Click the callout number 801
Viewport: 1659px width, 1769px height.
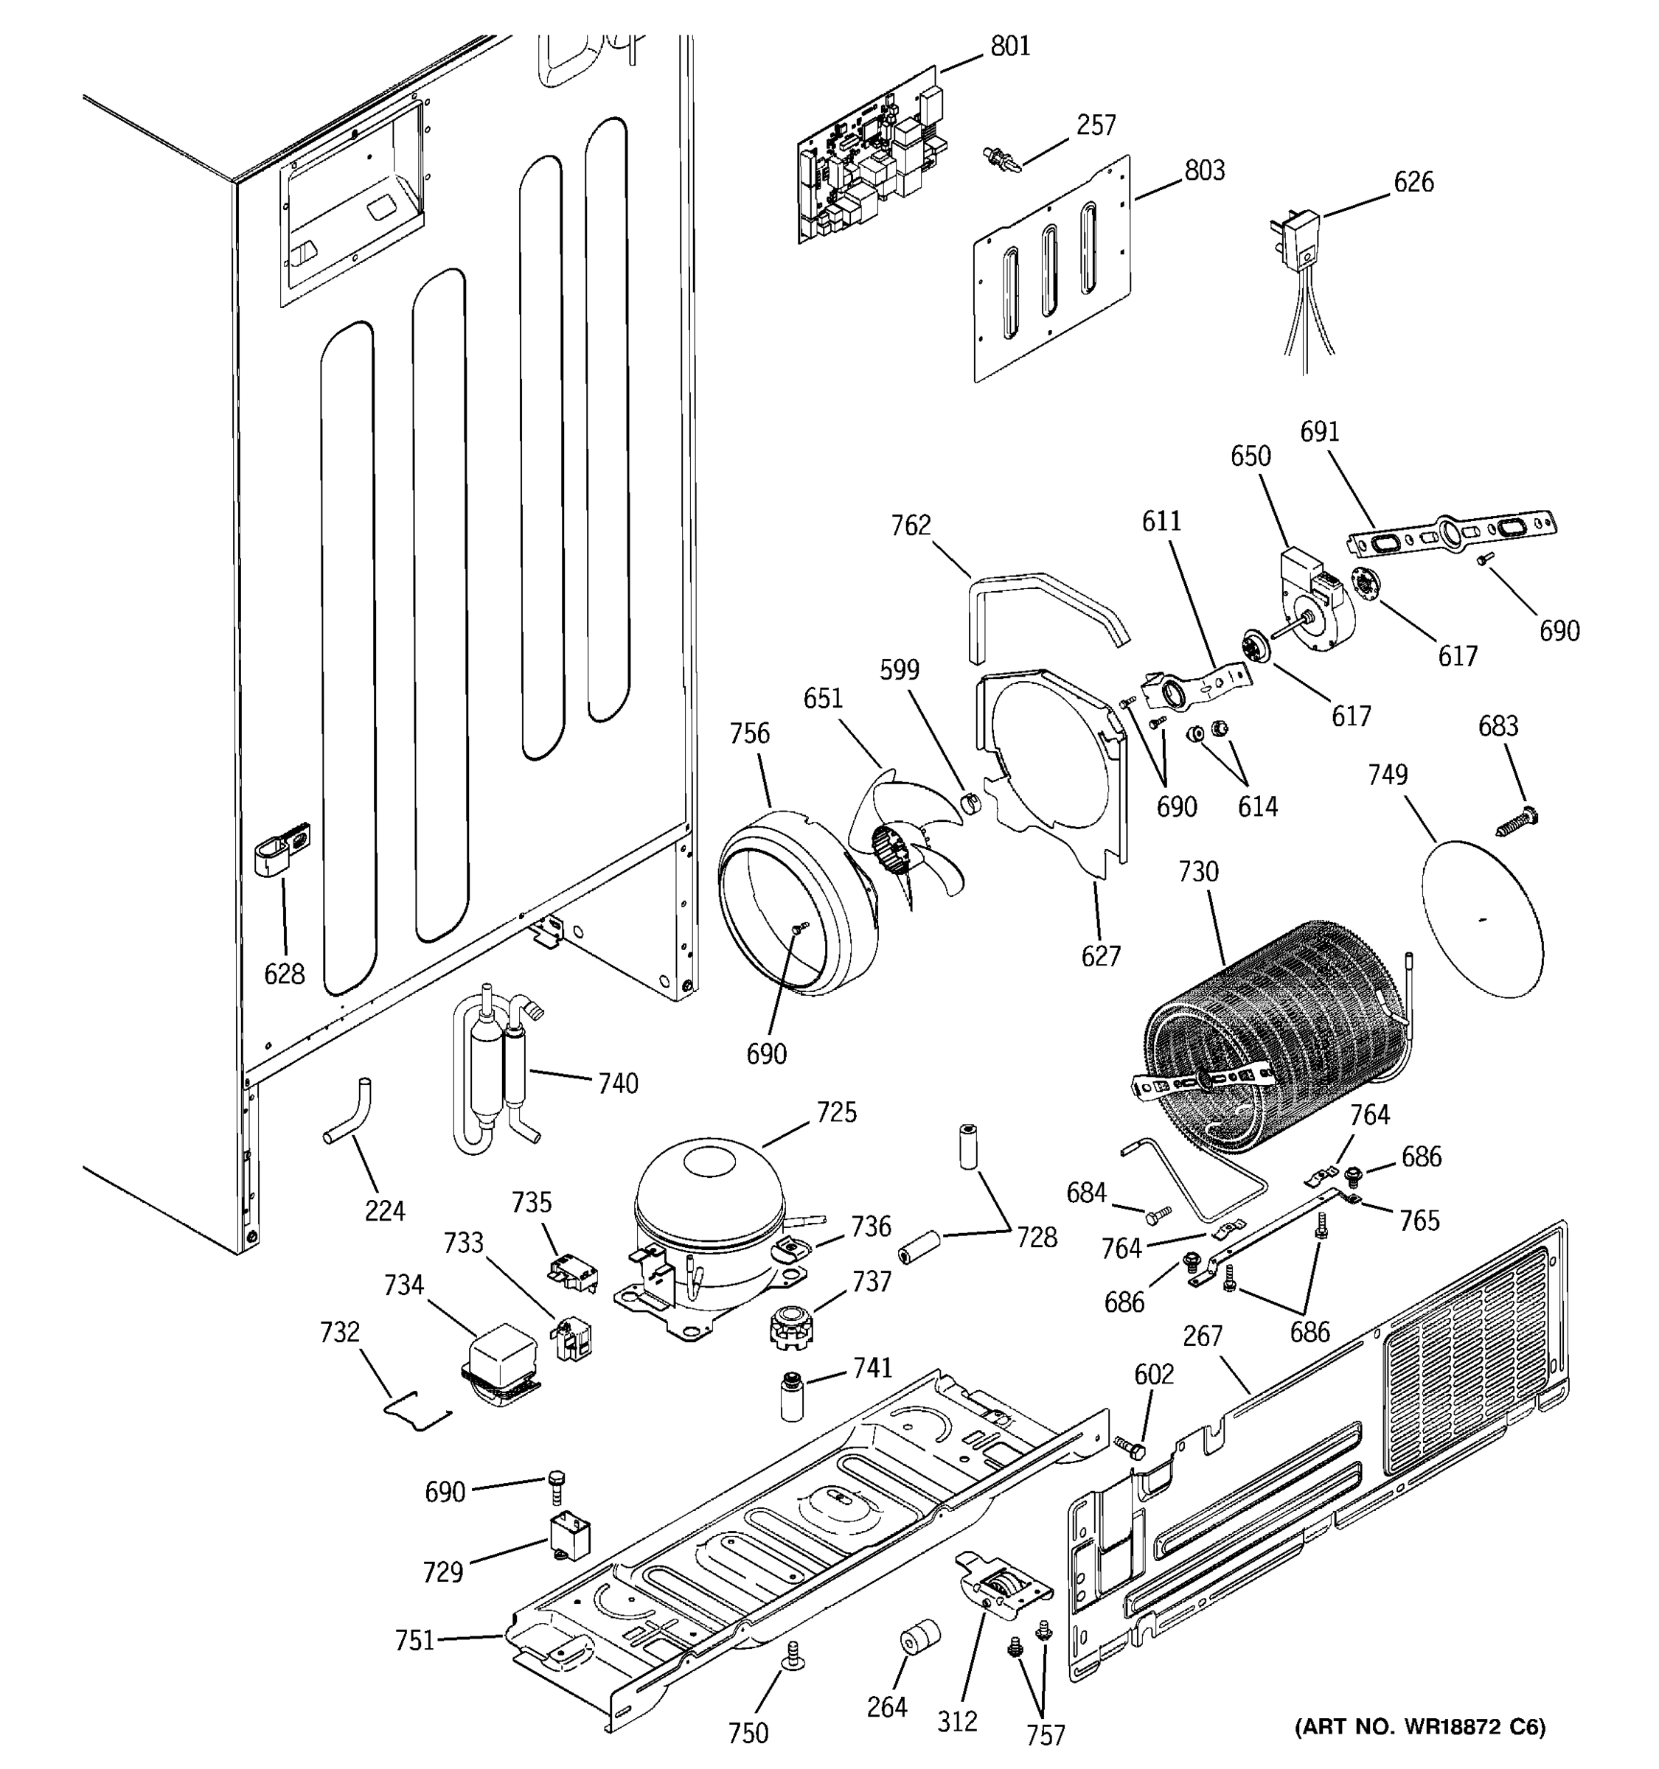coord(1010,46)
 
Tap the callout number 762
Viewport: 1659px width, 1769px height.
coord(911,526)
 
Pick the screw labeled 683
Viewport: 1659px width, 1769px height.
coord(1518,820)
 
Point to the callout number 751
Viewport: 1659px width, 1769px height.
coord(414,1639)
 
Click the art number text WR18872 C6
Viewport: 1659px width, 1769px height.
coord(1419,1727)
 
